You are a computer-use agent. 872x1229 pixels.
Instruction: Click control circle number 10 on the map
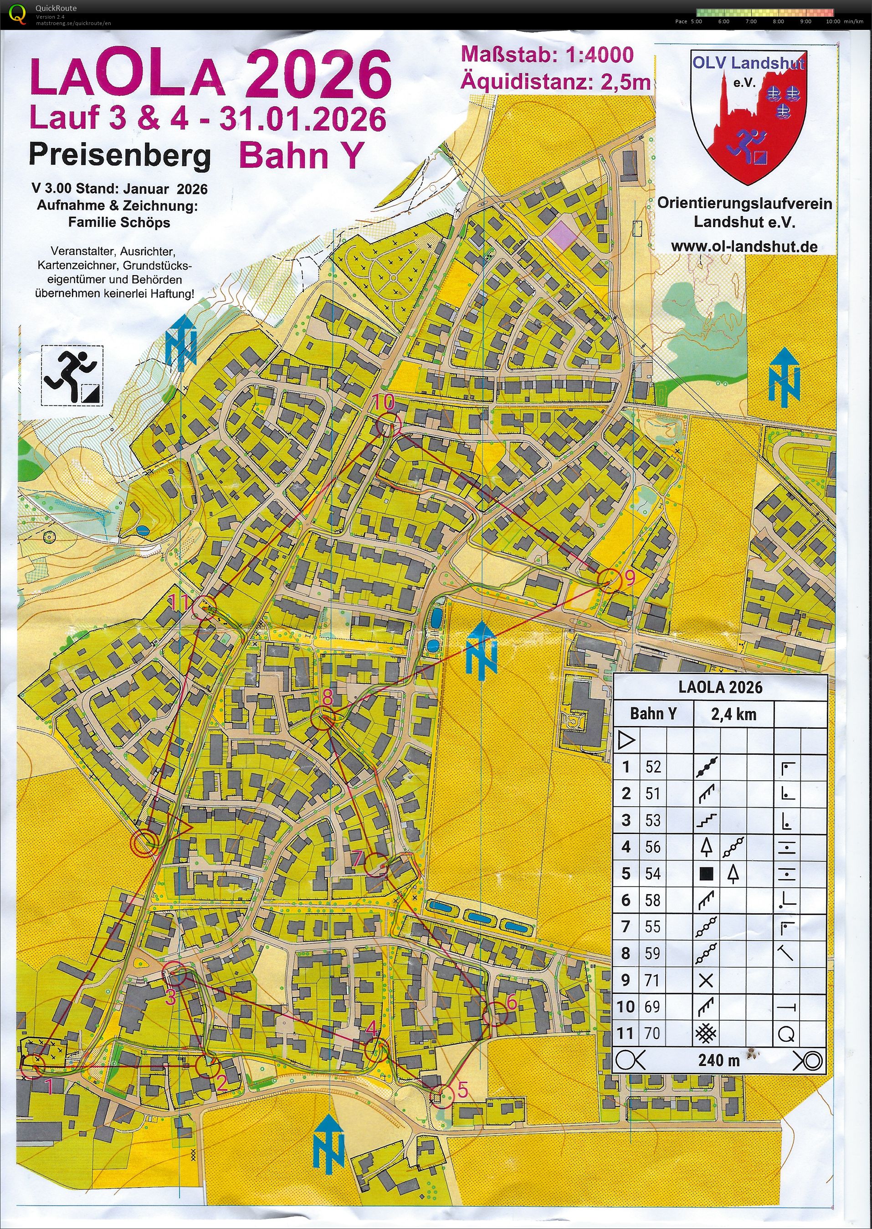click(x=388, y=426)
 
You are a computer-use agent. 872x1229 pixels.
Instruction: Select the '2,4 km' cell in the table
click(x=734, y=714)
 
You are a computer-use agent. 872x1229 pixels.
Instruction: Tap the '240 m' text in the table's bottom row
click(x=718, y=1060)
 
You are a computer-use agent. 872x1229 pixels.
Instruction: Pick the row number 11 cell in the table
click(x=626, y=1033)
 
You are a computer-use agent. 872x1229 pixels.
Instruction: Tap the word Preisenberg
click(x=119, y=156)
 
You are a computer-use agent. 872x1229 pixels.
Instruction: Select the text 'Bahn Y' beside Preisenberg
click(x=301, y=156)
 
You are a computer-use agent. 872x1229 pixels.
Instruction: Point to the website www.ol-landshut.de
click(x=744, y=246)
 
